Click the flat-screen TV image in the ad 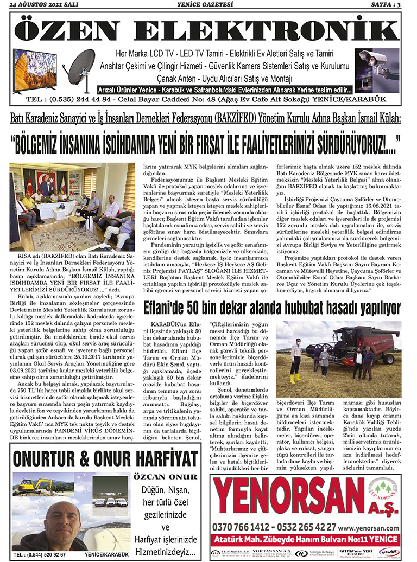click(x=35, y=70)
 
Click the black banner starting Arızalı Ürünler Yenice click(x=224, y=89)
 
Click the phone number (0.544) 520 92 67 click(x=42, y=555)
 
